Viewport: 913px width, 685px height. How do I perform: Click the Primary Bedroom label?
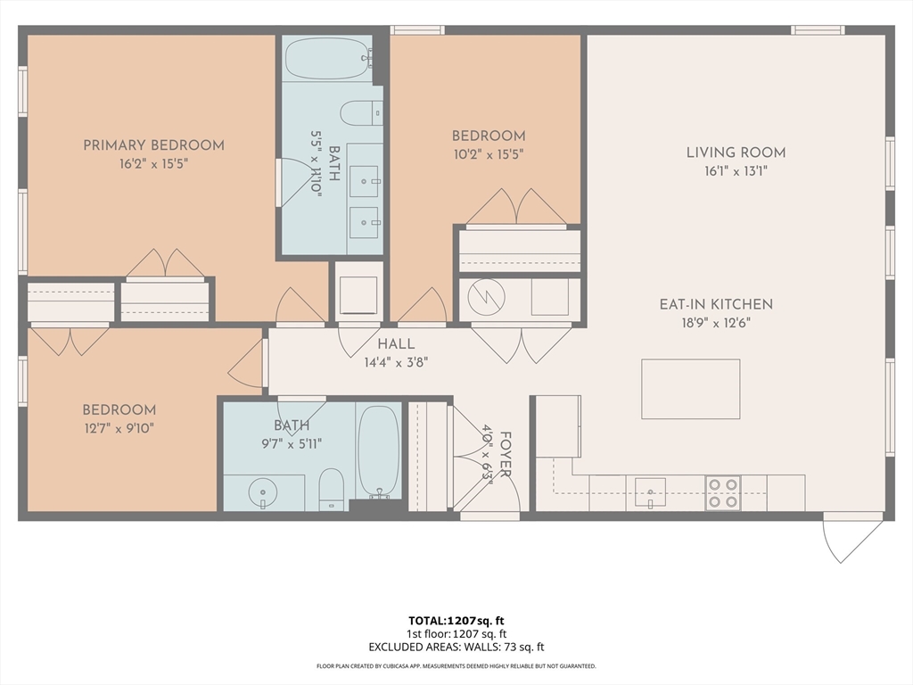coord(153,145)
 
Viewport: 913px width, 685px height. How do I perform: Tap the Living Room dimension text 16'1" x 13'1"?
coord(736,171)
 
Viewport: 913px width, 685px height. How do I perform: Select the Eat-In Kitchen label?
coord(716,304)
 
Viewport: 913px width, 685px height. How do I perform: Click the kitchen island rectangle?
coord(690,389)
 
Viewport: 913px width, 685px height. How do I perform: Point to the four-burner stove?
coord(722,492)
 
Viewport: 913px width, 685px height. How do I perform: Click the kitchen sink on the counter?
coord(650,491)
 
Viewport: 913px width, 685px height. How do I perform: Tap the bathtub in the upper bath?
coord(327,59)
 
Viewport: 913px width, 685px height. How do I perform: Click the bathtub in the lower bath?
coord(378,450)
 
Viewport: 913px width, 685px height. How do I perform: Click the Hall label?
coord(395,343)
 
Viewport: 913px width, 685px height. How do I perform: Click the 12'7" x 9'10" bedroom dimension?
coord(119,428)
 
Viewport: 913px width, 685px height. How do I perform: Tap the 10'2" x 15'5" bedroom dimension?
coord(488,154)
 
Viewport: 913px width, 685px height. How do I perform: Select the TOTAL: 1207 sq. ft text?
coord(456,620)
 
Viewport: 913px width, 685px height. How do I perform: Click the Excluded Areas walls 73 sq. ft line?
coord(456,647)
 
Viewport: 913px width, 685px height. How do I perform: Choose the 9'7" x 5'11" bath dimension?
coord(291,442)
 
